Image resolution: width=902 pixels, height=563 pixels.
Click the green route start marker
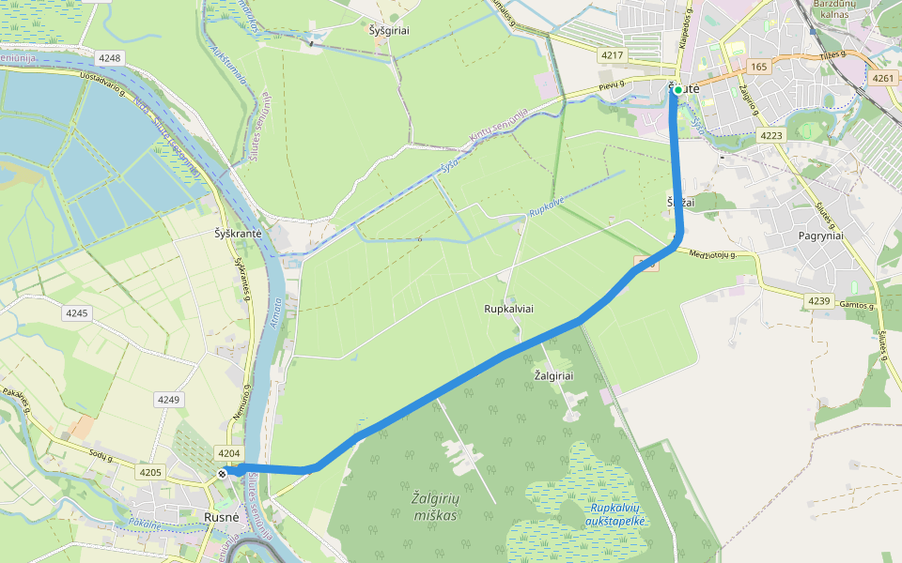point(677,90)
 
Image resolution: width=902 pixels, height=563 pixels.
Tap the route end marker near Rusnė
point(223,474)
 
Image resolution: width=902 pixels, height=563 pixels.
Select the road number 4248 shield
point(110,58)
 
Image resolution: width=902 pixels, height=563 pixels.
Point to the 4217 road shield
point(613,55)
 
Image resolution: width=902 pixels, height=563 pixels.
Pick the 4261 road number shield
point(883,79)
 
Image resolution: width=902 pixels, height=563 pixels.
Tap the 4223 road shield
point(771,136)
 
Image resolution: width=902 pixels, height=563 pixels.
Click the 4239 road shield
point(819,300)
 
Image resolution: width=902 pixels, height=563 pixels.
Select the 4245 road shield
point(77,312)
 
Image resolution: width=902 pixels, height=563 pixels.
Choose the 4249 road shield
point(168,400)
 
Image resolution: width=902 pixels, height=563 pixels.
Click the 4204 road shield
point(228,452)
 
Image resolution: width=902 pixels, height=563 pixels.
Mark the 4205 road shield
point(149,472)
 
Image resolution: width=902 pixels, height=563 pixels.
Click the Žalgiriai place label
point(553,375)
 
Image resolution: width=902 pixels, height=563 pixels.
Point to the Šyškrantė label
point(238,234)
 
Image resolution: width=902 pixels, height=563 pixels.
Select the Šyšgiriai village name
point(390,30)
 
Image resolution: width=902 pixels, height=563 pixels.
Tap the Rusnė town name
point(224,517)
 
